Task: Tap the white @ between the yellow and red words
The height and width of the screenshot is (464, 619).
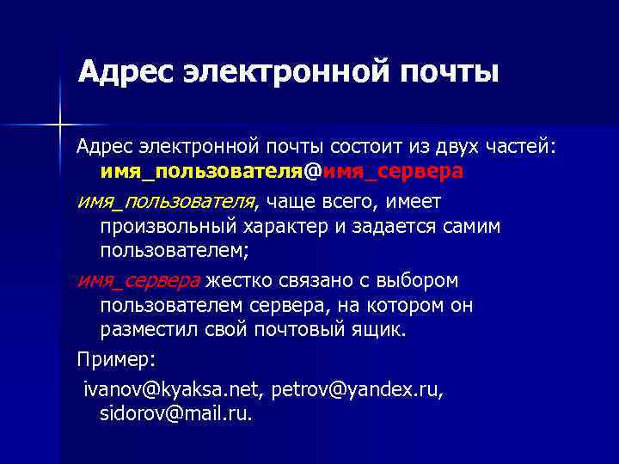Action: tap(313, 172)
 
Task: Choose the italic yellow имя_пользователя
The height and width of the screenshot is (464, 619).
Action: tap(167, 201)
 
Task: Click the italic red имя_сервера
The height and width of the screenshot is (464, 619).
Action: tap(138, 280)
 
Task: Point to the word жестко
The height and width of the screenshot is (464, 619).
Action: tap(237, 280)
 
